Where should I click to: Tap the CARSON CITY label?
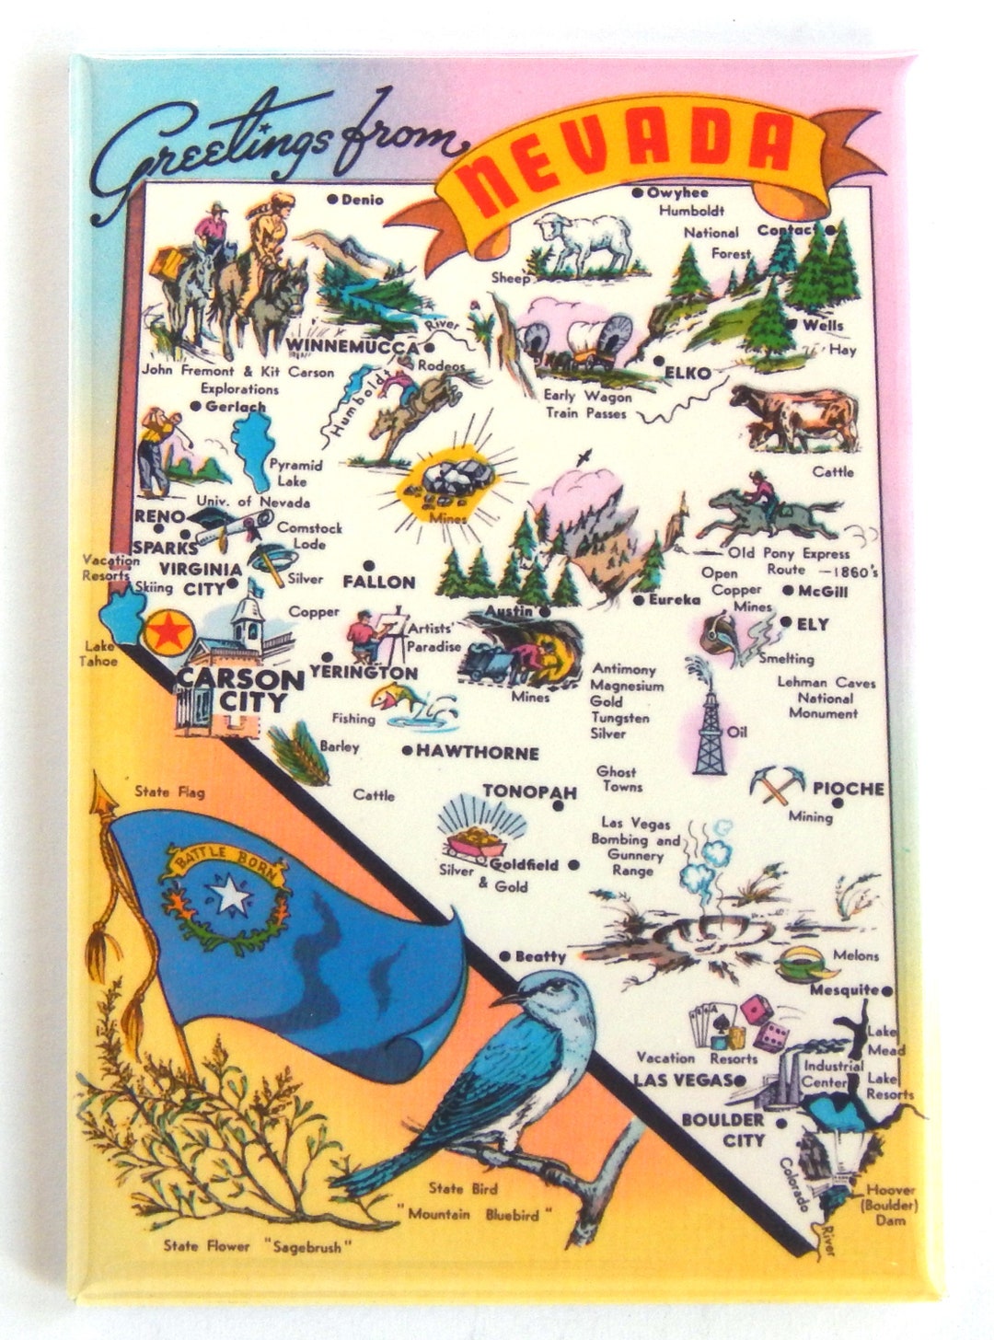(x=239, y=690)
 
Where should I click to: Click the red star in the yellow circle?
(x=168, y=632)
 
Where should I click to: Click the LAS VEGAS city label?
(x=683, y=1080)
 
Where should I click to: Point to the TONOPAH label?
(x=529, y=792)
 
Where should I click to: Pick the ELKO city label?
(x=687, y=374)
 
